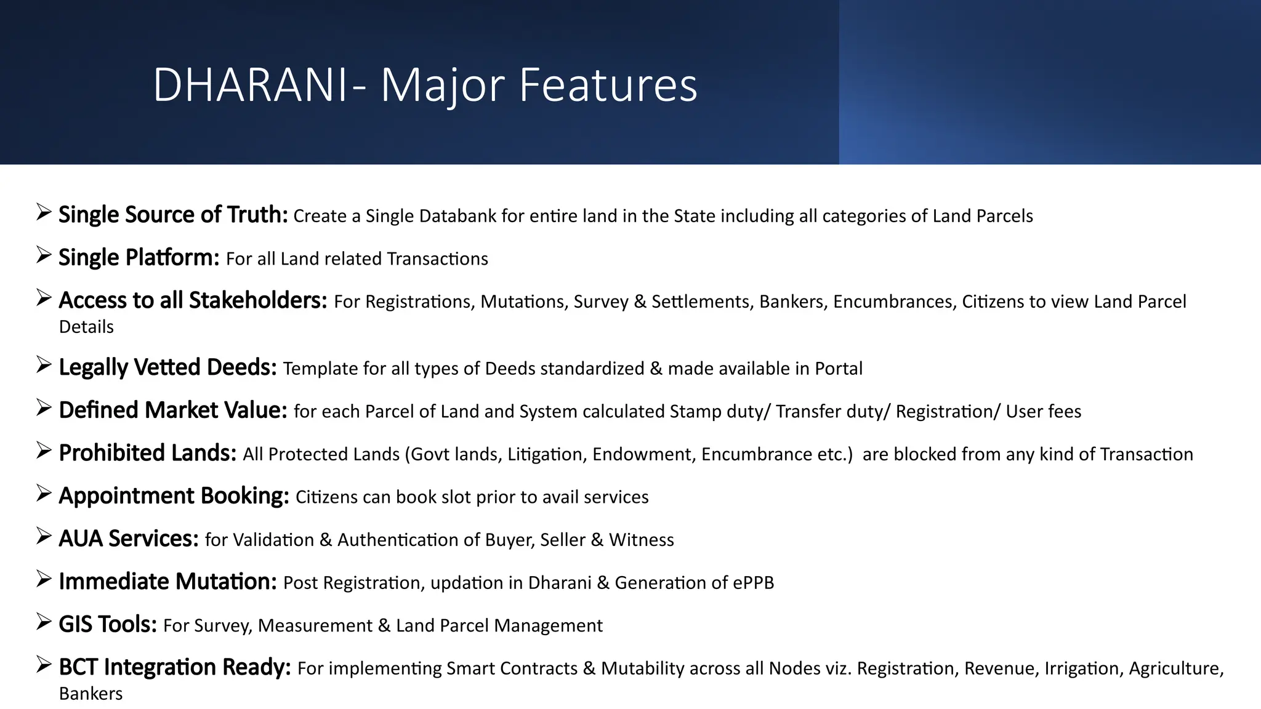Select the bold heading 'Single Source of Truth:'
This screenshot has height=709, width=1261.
pyautogui.click(x=173, y=215)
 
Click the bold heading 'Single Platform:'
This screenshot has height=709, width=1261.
pyautogui.click(x=139, y=258)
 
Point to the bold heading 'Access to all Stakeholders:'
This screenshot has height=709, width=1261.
pyautogui.click(x=193, y=300)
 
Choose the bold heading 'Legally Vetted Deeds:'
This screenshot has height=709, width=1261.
pyautogui.click(x=167, y=367)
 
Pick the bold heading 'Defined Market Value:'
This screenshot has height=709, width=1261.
pyautogui.click(x=173, y=411)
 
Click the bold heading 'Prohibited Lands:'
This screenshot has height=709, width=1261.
pyautogui.click(x=147, y=453)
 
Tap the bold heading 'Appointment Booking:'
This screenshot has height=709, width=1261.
pyautogui.click(x=174, y=496)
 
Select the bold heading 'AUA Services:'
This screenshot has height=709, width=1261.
pyautogui.click(x=128, y=539)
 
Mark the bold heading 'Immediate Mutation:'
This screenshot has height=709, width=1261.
pyautogui.click(x=167, y=582)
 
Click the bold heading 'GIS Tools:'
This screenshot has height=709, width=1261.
pyautogui.click(x=108, y=625)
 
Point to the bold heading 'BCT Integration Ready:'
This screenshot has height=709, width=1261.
pyautogui.click(x=175, y=667)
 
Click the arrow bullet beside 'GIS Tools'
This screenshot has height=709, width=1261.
pyautogui.click(x=43, y=622)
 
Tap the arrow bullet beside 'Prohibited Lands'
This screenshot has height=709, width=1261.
pyautogui.click(x=43, y=451)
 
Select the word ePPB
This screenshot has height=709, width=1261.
pyautogui.click(x=753, y=583)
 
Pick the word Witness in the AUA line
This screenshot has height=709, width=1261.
pyautogui.click(x=641, y=540)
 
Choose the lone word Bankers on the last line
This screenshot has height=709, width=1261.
pyautogui.click(x=91, y=694)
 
